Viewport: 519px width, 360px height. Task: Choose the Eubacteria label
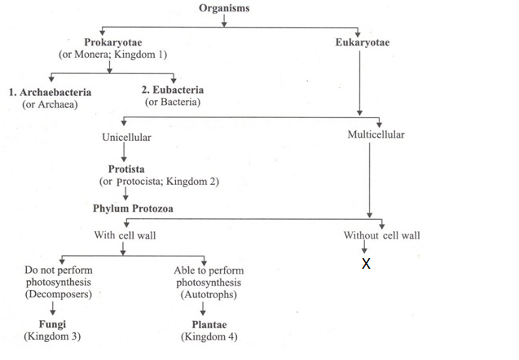click(x=172, y=90)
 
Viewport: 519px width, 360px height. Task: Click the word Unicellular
click(x=126, y=137)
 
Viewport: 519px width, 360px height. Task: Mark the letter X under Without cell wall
click(x=366, y=264)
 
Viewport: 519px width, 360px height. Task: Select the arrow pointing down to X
click(x=366, y=249)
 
